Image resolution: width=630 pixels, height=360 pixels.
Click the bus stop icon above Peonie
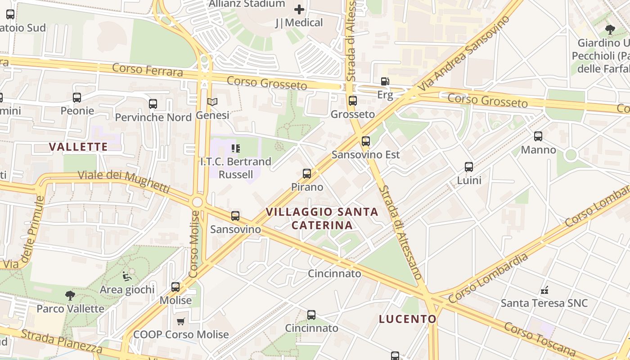point(77,97)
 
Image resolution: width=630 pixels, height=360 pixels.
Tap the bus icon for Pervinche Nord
point(153,104)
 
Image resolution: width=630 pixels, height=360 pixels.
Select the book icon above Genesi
point(212,102)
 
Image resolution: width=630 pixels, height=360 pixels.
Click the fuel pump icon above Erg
point(385,81)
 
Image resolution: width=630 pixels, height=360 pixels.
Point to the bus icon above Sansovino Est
point(366,141)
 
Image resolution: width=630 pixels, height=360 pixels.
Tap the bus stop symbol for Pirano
point(307,174)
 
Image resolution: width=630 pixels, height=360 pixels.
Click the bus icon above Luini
point(469,167)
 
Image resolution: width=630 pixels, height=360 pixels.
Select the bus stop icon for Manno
point(538,136)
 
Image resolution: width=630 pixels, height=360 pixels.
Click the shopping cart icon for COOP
point(181,321)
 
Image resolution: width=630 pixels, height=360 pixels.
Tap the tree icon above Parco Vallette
point(70,296)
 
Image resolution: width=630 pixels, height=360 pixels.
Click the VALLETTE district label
point(78,147)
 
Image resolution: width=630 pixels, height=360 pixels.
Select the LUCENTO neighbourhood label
point(408,319)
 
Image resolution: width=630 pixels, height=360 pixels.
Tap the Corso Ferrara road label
point(148,70)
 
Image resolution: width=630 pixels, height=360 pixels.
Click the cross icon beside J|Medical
point(299,9)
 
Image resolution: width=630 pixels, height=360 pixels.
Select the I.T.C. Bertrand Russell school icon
point(236,148)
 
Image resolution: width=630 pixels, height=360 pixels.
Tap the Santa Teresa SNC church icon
point(544,290)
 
